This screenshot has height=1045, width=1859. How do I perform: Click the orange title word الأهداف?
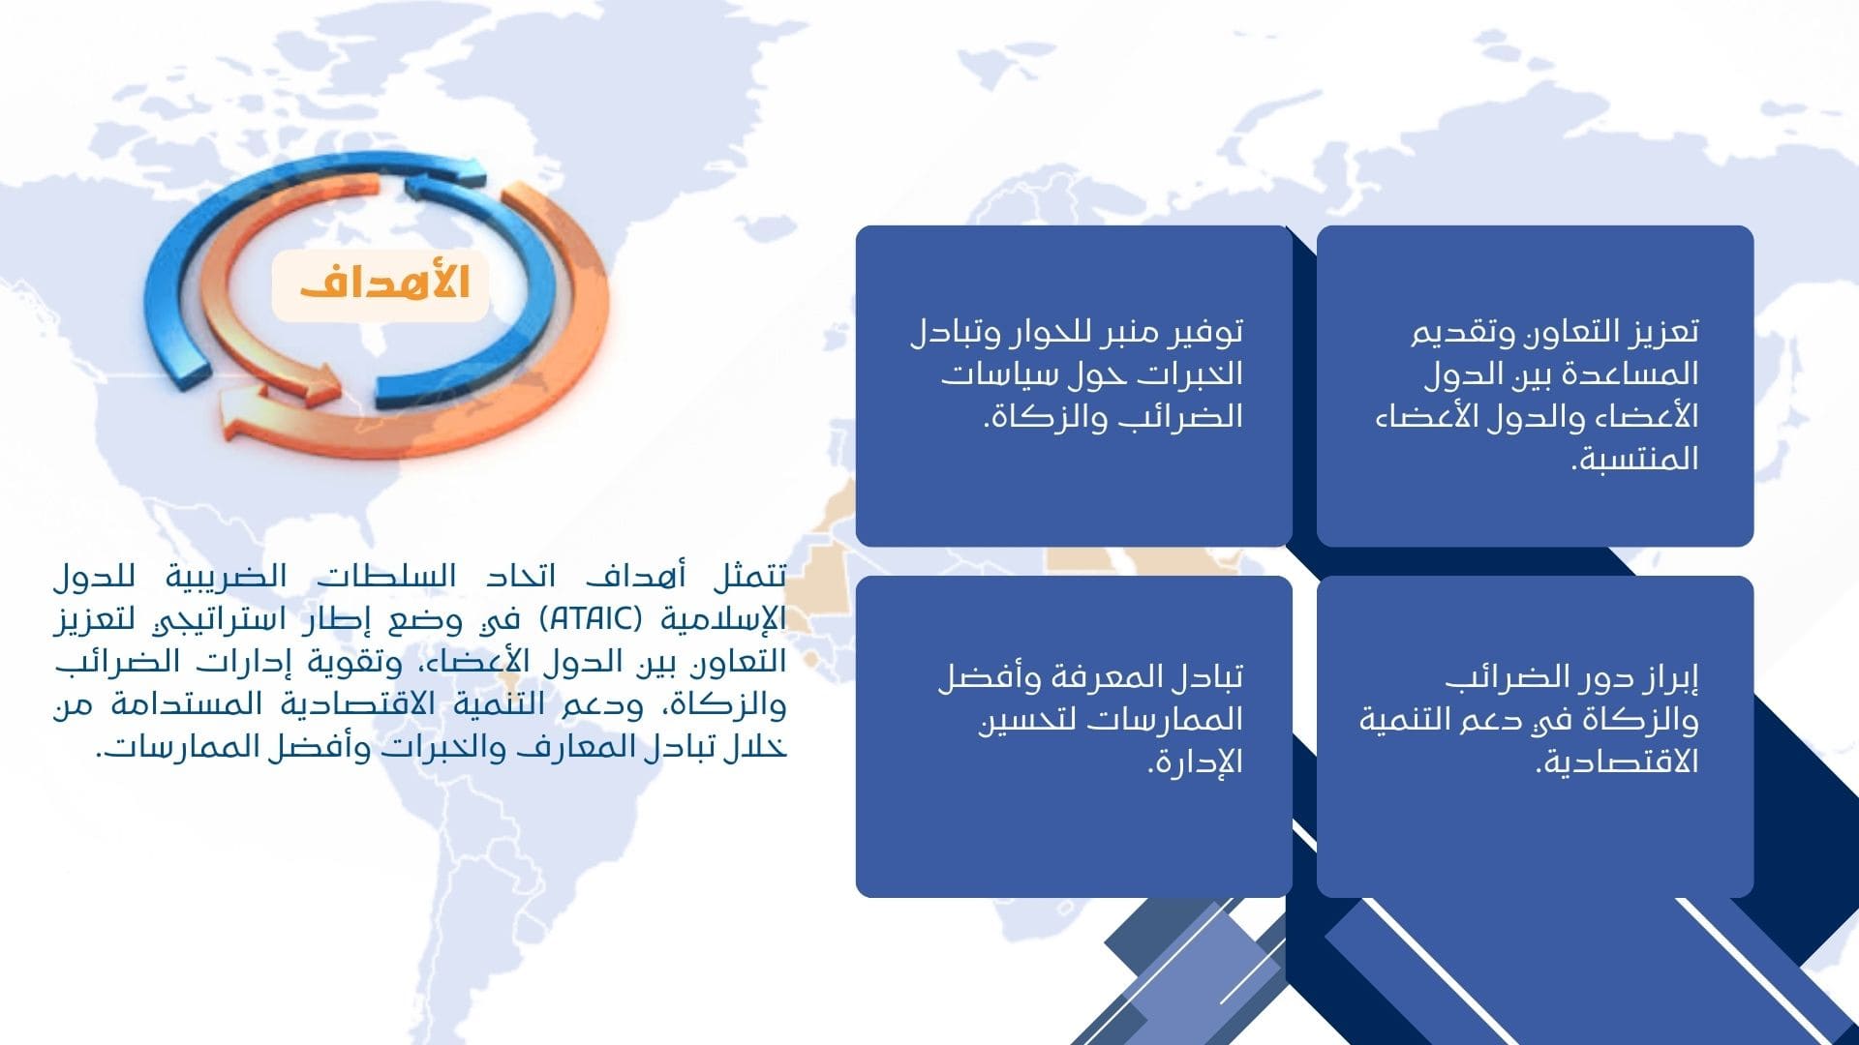[x=384, y=282]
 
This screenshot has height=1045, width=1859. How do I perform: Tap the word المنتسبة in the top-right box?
[x=1634, y=458]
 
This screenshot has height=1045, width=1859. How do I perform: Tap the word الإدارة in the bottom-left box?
[x=1195, y=762]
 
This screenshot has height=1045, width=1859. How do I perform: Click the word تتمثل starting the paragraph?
[x=749, y=578]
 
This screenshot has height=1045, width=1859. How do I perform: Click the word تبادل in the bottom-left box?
[x=1203, y=677]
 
